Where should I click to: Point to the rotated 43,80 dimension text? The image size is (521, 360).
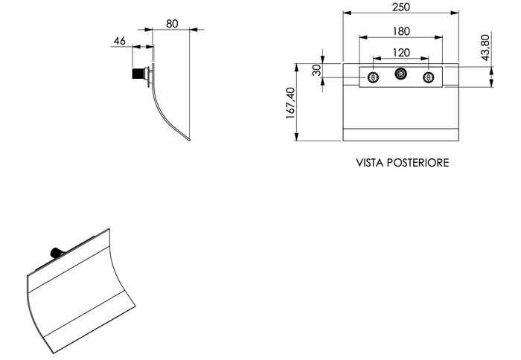pos(485,47)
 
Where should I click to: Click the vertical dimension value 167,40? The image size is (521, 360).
pos(290,102)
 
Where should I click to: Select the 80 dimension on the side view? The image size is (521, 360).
pos(172,23)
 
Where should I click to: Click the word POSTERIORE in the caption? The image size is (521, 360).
pos(419,162)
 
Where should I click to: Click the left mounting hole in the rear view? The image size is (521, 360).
pos(373,77)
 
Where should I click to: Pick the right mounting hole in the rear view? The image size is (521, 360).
pos(428,77)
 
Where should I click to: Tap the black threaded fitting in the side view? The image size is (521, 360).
pos(138,74)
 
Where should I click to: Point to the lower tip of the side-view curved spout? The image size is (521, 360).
pos(189,140)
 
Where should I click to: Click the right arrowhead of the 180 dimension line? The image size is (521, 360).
pos(441,37)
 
